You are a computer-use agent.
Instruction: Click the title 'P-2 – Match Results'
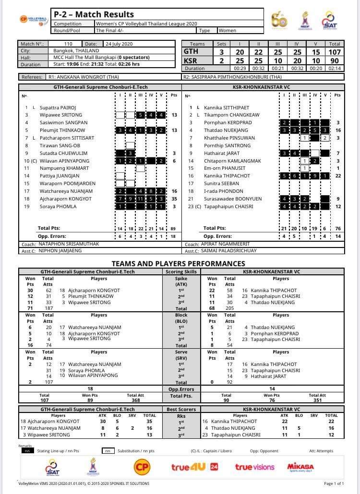pyautogui.click(x=94, y=14)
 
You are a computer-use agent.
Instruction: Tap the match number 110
pyautogui.click(x=68, y=44)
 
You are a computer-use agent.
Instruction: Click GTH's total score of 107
pyautogui.click(x=335, y=52)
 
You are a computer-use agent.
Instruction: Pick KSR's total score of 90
pyautogui.click(x=335, y=61)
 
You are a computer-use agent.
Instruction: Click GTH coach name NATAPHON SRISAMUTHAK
pyautogui.click(x=72, y=244)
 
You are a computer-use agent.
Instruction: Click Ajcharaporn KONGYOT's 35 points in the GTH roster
pyautogui.click(x=174, y=199)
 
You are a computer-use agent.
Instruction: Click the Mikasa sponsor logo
pyautogui.click(x=300, y=467)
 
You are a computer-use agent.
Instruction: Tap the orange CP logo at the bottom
pyautogui.click(x=142, y=467)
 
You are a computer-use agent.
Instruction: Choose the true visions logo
pyautogui.click(x=254, y=467)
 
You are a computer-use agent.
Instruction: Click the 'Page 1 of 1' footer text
pyautogui.click(x=334, y=483)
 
